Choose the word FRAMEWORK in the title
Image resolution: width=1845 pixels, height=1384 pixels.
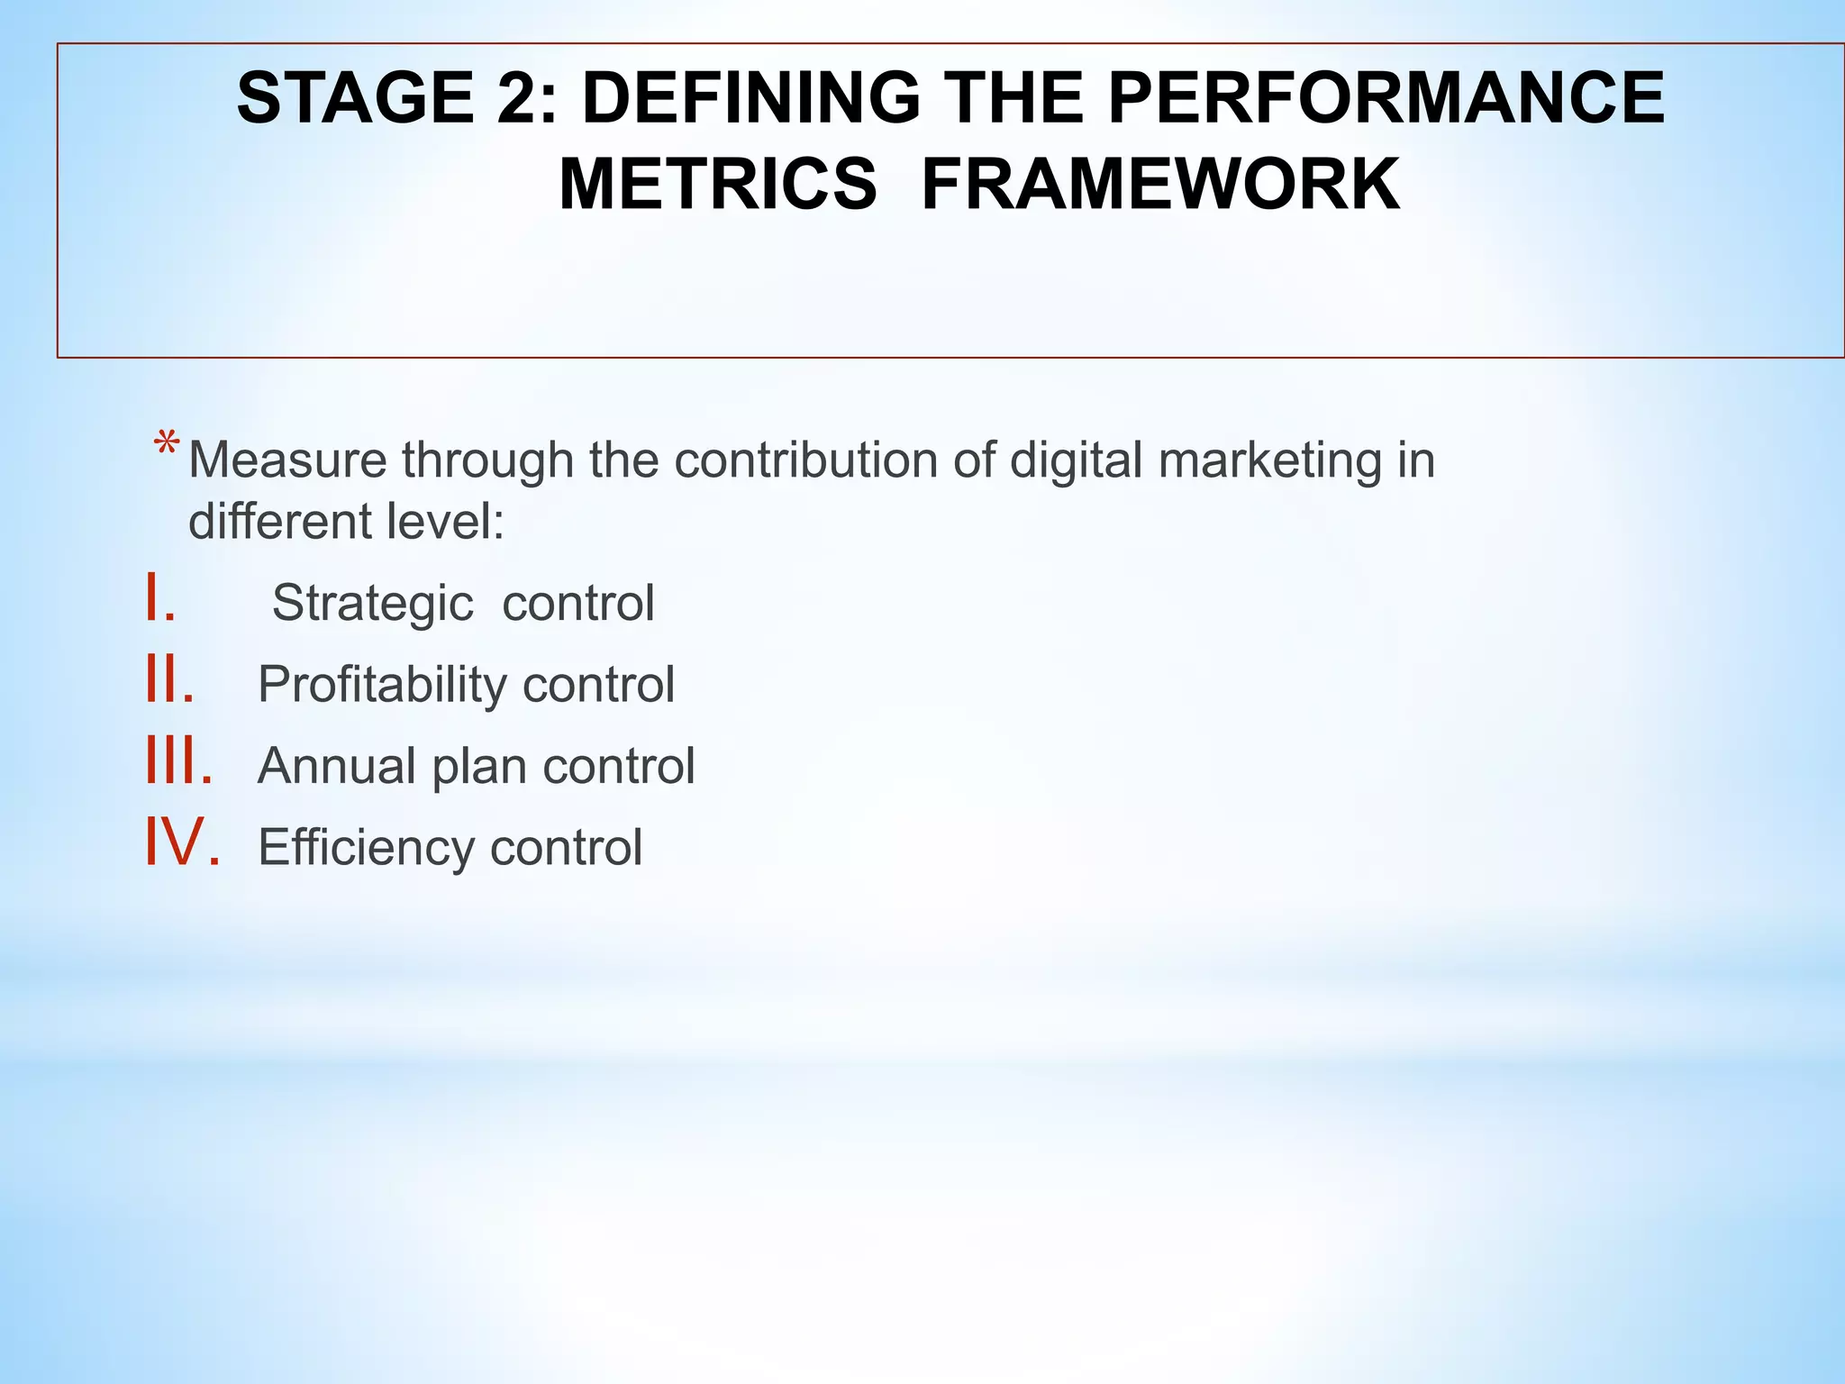click(1160, 185)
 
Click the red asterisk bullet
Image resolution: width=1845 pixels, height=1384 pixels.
click(167, 447)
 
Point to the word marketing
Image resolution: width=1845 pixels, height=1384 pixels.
click(1269, 461)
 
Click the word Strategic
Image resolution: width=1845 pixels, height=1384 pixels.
click(372, 604)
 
